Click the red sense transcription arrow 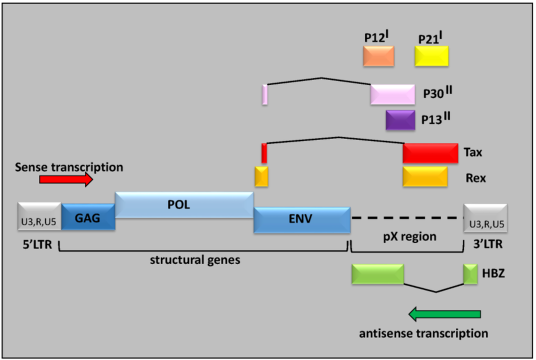[65, 179]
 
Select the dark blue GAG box [88, 217]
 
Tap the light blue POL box [184, 205]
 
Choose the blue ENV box [302, 220]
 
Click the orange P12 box [378, 56]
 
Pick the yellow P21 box [431, 56]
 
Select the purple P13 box [400, 120]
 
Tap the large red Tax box [430, 153]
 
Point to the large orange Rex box [425, 177]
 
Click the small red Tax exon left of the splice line [264, 153]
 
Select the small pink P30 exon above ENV [265, 94]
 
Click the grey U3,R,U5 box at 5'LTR [39, 217]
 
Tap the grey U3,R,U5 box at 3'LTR [485, 217]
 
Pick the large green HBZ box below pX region [377, 274]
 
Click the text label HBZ [493, 274]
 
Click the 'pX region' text [408, 237]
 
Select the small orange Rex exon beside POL [261, 177]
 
